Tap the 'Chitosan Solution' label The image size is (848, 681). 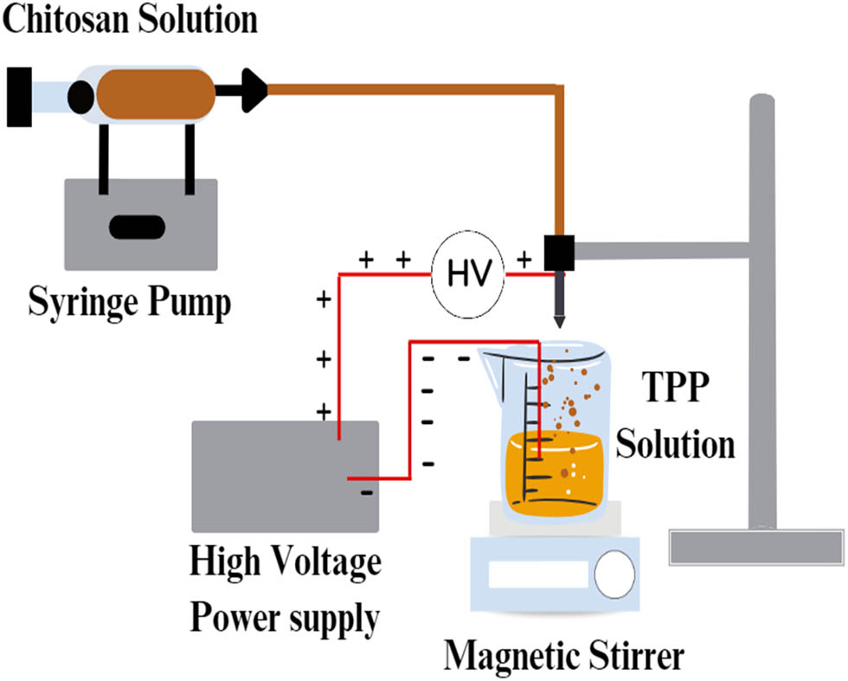130,19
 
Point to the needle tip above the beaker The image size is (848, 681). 559,321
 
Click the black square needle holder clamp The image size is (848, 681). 558,251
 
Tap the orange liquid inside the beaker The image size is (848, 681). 562,472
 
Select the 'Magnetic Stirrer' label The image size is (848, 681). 564,656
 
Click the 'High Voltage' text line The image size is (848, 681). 286,563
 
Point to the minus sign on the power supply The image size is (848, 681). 367,494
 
